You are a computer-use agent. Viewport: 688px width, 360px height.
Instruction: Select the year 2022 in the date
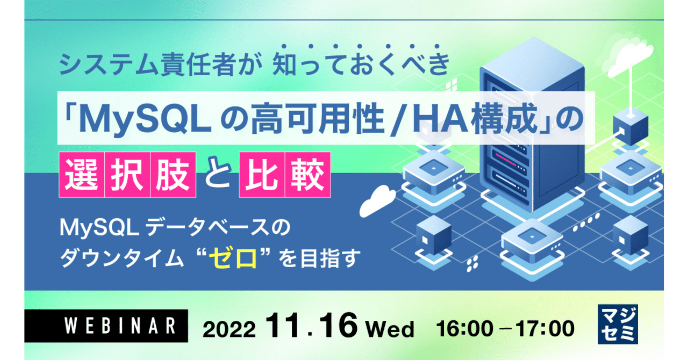point(231,327)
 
